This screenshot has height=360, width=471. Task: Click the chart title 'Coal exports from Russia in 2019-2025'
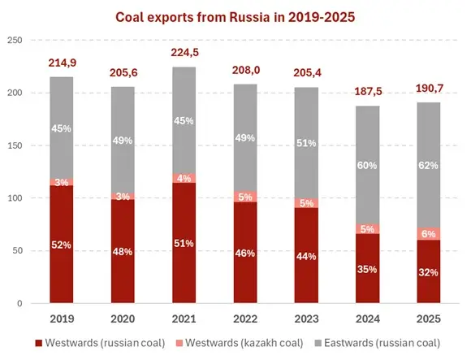(x=235, y=16)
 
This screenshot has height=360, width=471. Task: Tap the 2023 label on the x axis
(x=307, y=318)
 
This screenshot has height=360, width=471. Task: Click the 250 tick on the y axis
(x=15, y=41)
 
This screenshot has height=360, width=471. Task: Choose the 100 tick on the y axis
(x=15, y=198)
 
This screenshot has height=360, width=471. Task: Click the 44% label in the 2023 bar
(x=307, y=257)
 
